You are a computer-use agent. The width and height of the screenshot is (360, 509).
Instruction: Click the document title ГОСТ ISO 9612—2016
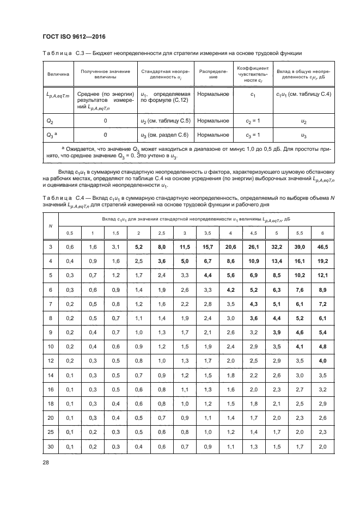[74, 36]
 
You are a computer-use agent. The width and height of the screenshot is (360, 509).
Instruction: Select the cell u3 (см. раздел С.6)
[164, 135]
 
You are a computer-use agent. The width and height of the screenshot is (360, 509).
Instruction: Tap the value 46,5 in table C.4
[323, 247]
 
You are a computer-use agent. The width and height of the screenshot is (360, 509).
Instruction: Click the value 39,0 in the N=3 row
[300, 247]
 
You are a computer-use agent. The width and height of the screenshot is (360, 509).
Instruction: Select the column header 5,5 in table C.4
[300, 233]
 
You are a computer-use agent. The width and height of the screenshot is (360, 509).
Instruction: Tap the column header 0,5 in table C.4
[70, 233]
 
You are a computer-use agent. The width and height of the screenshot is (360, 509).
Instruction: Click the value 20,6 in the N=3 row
[230, 247]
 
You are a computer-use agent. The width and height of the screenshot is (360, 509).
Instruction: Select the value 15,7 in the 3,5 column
[208, 247]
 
